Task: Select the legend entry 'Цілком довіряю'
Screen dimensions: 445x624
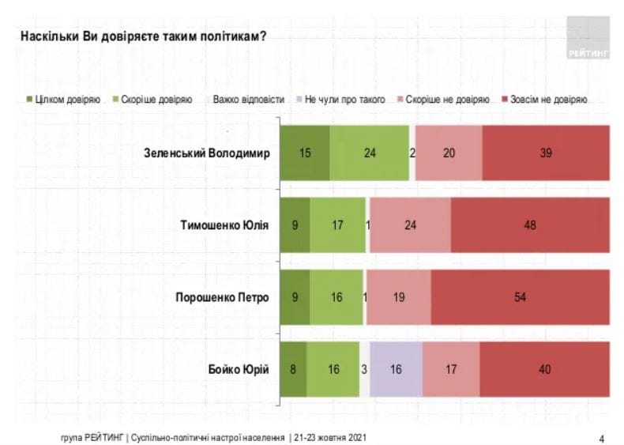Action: [x=64, y=100]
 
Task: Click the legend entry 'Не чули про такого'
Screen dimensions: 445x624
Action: [x=340, y=100]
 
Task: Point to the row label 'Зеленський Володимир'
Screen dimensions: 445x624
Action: [x=213, y=153]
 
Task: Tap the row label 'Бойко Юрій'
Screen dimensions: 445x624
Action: [x=242, y=369]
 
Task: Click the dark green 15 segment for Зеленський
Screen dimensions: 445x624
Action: [x=305, y=153]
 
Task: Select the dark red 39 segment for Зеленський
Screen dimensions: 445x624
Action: [x=546, y=153]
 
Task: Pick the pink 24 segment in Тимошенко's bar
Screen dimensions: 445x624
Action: [x=410, y=225]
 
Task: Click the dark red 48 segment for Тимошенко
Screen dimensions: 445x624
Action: [x=530, y=225]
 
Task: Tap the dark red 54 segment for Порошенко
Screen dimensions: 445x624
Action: [x=521, y=297]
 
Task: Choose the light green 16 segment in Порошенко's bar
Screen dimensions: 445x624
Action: [x=336, y=297]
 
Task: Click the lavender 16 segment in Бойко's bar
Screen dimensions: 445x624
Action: [x=396, y=369]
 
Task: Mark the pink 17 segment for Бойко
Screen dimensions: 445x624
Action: [x=451, y=369]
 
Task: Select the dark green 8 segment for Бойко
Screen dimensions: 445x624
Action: [x=294, y=369]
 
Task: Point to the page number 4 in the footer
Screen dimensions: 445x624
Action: [x=602, y=437]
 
